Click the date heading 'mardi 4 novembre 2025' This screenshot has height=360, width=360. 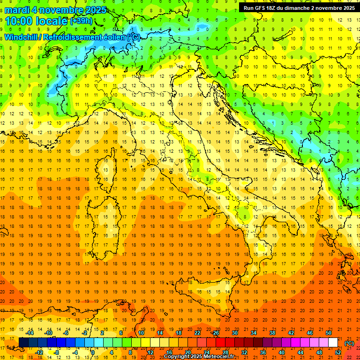pyautogui.click(x=56, y=10)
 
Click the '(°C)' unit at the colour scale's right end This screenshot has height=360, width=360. pyautogui.click(x=349, y=343)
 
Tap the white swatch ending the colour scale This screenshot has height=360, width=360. pyautogui.click(x=333, y=343)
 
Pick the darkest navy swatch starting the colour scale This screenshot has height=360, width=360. pyautogui.click(x=23, y=343)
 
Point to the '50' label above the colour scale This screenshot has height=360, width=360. pyautogui.click(x=328, y=333)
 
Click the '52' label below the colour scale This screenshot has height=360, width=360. pyautogui.click(x=337, y=352)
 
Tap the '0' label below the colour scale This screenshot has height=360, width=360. pyautogui.click(x=93, y=352)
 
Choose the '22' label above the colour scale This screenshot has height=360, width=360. pyautogui.click(x=197, y=333)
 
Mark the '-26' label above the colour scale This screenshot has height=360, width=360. pyautogui.click(x=215, y=333)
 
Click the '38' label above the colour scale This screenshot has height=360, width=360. pyautogui.click(x=272, y=333)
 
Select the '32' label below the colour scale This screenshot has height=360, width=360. pyautogui.click(x=244, y=352)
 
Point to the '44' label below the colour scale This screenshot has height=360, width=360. pyautogui.click(x=300, y=352)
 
